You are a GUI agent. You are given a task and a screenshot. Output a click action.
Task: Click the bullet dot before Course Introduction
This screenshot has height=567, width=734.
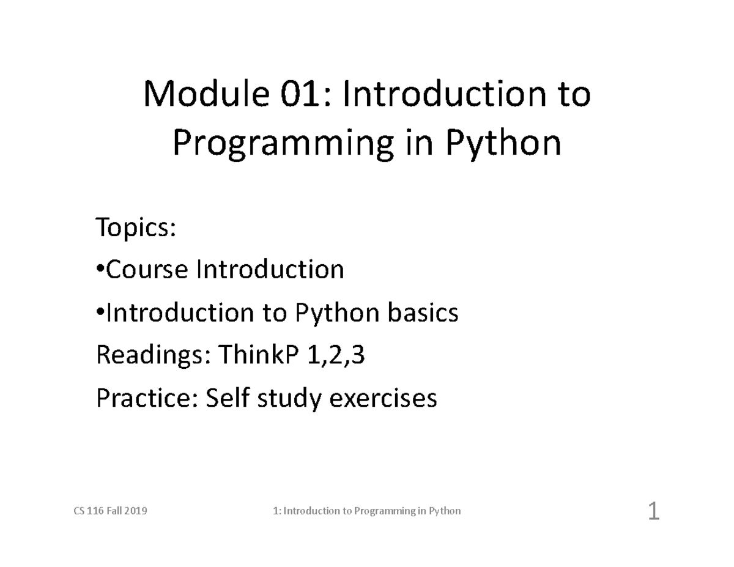100,270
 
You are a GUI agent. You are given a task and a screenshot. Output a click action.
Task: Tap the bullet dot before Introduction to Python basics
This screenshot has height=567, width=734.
100,313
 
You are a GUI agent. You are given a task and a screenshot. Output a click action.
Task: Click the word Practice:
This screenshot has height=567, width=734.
147,399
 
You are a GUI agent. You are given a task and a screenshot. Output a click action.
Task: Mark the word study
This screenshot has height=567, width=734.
291,399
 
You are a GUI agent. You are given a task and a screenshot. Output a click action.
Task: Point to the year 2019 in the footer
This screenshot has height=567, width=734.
136,511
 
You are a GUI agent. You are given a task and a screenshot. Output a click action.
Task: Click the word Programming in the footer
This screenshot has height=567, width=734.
385,511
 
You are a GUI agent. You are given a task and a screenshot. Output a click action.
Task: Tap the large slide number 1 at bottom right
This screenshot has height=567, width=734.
653,511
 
